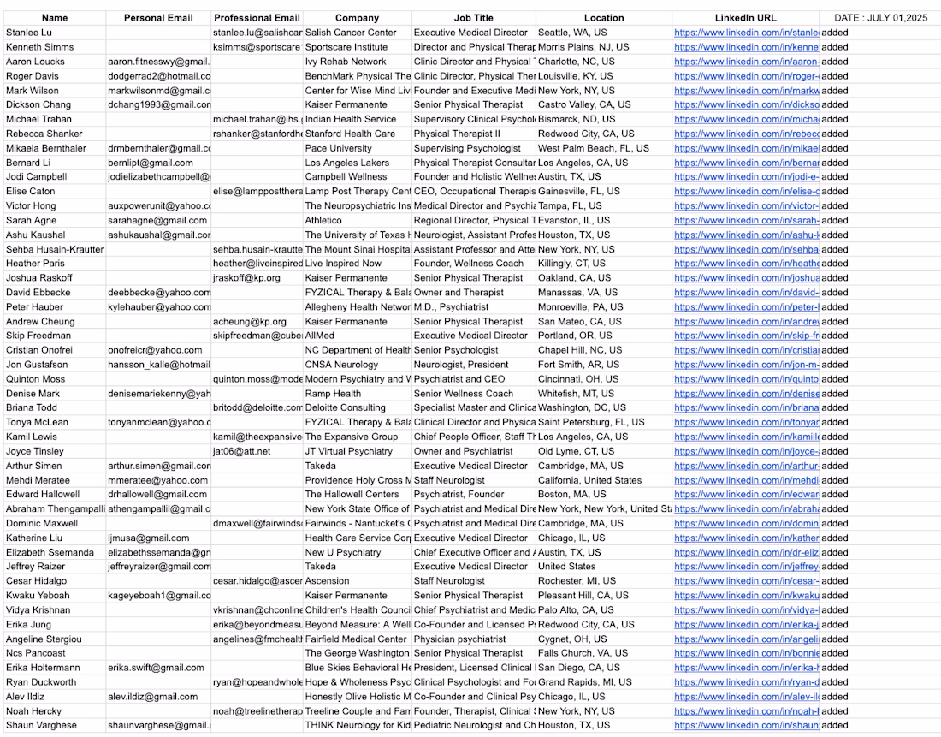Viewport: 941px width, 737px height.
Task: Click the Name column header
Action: click(x=55, y=18)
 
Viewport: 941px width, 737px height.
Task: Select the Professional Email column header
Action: click(x=257, y=18)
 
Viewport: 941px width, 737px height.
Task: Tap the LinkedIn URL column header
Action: click(x=745, y=18)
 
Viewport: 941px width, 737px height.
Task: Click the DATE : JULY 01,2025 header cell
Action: click(x=880, y=18)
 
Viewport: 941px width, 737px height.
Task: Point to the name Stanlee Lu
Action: click(x=29, y=33)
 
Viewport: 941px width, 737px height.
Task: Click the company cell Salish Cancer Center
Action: click(x=351, y=33)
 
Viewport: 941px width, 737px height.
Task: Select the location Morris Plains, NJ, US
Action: click(x=583, y=47)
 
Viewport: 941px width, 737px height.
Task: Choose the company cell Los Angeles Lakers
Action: click(x=346, y=163)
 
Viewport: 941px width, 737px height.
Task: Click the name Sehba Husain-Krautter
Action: click(x=55, y=249)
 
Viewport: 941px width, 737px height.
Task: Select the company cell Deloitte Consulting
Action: click(x=346, y=408)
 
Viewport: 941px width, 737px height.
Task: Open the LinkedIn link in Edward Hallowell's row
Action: click(x=746, y=495)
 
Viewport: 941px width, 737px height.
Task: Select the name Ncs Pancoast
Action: click(x=36, y=653)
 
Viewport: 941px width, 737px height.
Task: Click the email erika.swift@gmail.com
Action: click(x=156, y=668)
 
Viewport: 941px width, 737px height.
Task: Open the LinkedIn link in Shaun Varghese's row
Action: click(x=746, y=725)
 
